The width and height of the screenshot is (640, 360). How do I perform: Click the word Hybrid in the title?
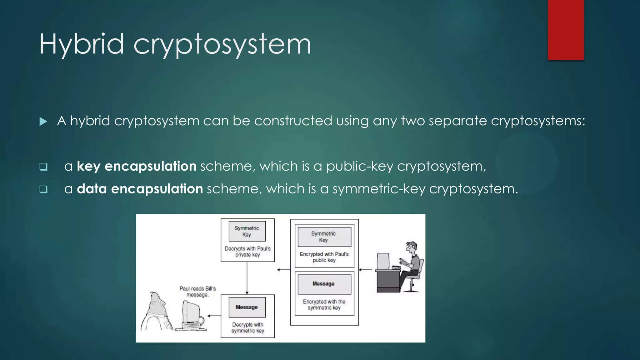coord(82,44)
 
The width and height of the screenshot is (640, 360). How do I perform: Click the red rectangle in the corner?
coord(566,30)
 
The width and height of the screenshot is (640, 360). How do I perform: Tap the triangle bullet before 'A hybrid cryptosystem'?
coord(43,122)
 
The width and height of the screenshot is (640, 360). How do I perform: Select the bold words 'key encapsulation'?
coord(137,166)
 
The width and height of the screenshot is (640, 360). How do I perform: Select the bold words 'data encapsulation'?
coord(140,189)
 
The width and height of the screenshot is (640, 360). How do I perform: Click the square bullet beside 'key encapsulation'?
coord(43,167)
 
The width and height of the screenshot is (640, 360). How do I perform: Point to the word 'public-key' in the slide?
coord(359,166)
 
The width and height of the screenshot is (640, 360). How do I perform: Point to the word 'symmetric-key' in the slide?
coord(379,189)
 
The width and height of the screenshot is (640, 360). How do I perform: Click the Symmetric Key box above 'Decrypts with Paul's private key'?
coord(247,231)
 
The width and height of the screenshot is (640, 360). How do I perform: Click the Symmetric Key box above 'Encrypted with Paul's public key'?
coord(324,237)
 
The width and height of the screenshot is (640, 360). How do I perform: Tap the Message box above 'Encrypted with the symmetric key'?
coord(324,284)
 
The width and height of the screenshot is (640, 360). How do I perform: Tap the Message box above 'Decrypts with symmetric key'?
coord(247,307)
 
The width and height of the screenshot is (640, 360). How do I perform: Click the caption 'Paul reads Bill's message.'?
coord(197,292)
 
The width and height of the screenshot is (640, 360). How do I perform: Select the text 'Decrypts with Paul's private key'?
coord(247,252)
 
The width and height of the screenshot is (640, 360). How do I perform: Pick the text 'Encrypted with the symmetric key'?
coord(324,305)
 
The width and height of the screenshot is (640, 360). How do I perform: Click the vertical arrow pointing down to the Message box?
coord(247,278)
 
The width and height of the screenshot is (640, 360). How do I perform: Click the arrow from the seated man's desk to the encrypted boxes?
coord(365,269)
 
